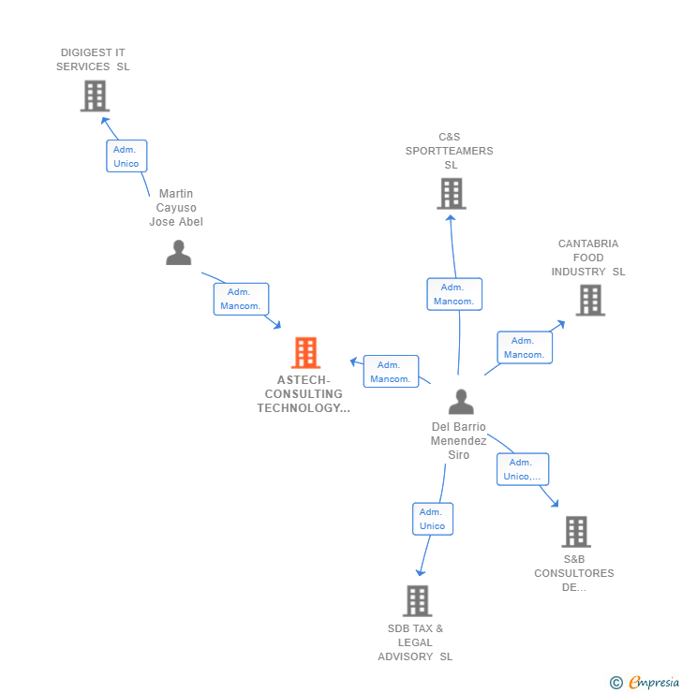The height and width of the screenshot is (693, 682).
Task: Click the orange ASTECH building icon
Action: [x=305, y=353]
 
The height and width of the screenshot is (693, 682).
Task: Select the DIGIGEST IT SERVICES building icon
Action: [x=95, y=96]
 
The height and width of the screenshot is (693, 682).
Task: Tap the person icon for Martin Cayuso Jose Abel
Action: [x=178, y=253]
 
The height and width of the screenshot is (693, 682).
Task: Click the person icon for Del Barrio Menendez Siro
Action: [x=460, y=402]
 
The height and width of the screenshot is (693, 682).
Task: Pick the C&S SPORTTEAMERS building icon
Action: [x=451, y=194]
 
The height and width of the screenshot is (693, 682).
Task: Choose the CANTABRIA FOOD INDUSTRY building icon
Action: [x=589, y=301]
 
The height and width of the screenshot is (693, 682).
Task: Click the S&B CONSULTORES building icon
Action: [x=575, y=532]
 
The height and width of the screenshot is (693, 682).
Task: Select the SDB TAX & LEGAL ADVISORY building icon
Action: [x=416, y=601]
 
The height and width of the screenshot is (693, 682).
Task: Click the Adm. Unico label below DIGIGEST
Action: [x=126, y=156]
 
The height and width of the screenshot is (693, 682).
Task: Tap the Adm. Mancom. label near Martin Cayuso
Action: [x=241, y=299]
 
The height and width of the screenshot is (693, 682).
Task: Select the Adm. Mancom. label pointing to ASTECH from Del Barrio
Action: [x=391, y=372]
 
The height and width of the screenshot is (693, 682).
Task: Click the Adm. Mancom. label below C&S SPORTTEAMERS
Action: [x=454, y=294]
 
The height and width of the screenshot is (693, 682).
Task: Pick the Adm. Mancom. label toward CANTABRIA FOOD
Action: [x=524, y=347]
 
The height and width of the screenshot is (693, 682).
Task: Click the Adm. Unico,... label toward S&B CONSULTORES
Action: [x=522, y=469]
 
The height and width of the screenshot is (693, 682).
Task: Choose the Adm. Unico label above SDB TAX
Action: [x=432, y=519]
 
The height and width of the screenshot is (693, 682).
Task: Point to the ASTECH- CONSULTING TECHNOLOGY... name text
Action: [x=304, y=394]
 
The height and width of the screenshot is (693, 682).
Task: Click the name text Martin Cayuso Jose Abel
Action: [x=176, y=208]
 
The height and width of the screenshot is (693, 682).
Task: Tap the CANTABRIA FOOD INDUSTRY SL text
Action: [x=588, y=258]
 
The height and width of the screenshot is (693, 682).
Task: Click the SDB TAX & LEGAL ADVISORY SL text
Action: [x=415, y=642]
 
